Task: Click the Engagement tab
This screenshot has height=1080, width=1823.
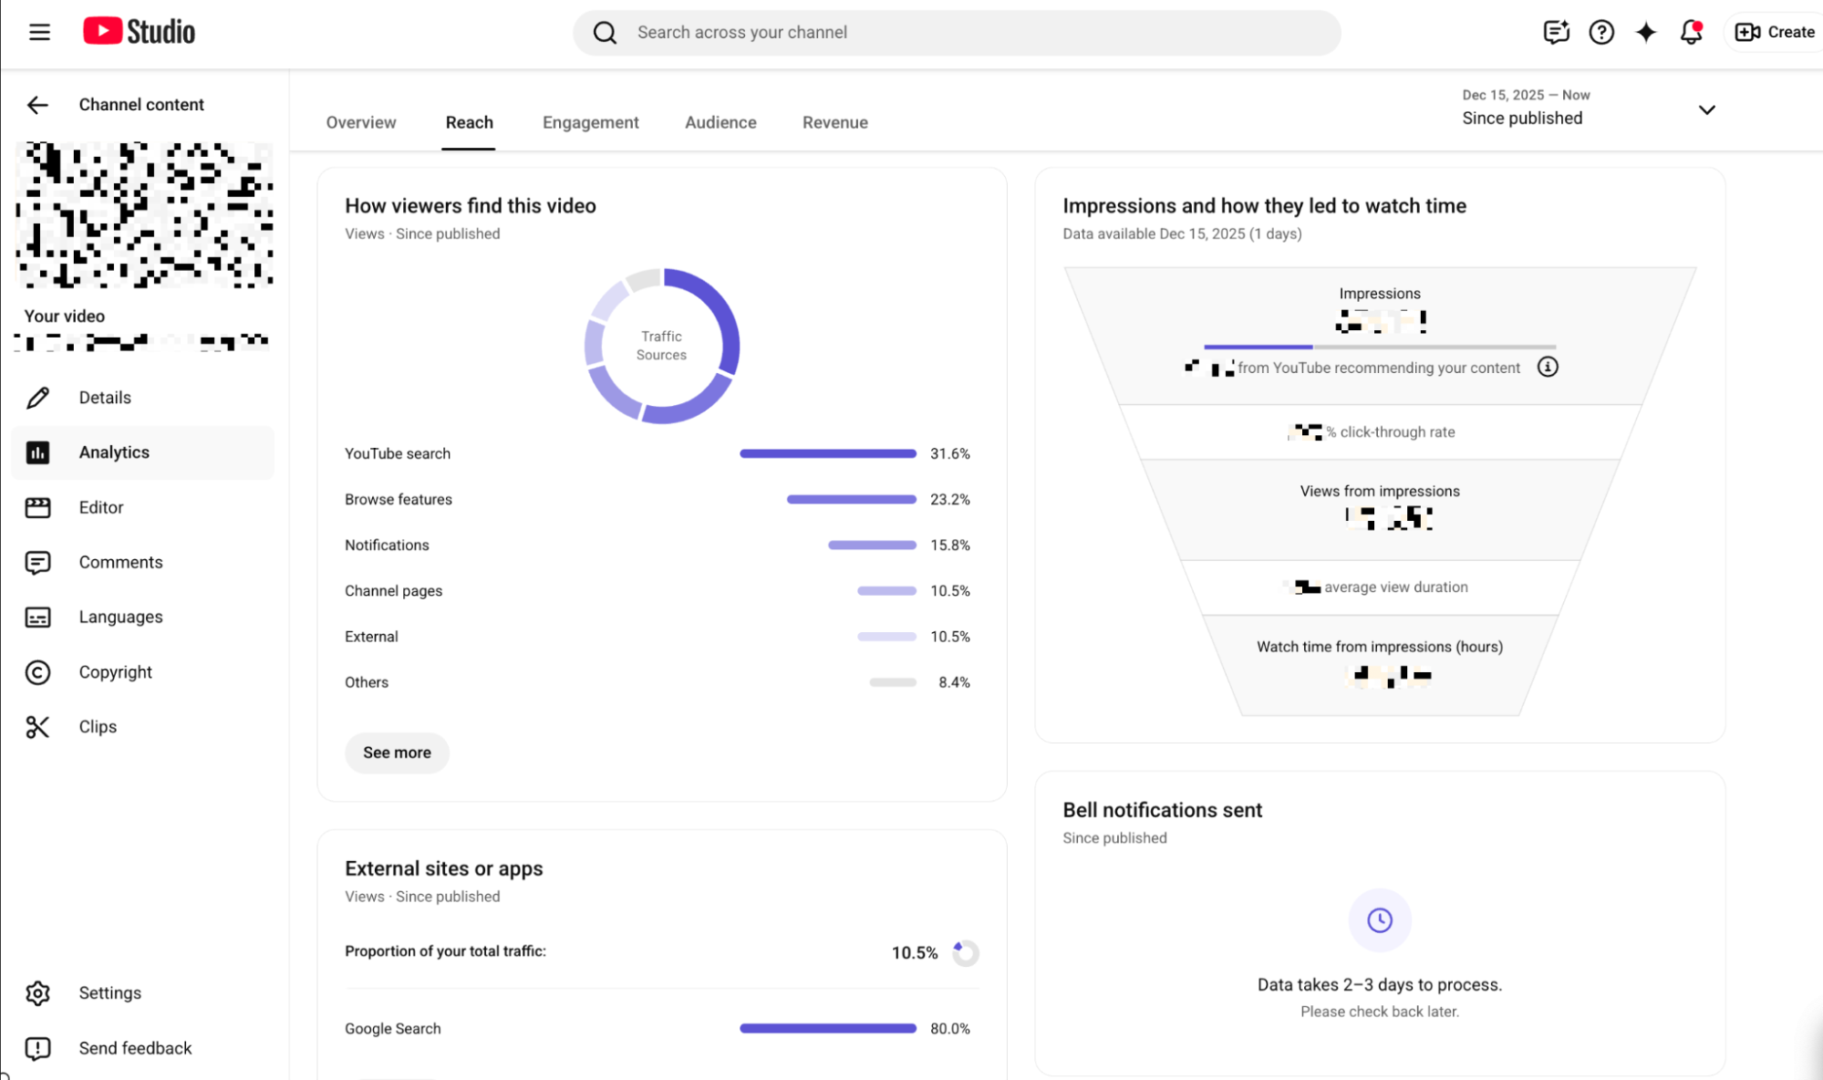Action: (x=590, y=122)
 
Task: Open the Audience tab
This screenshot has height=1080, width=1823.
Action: (x=720, y=122)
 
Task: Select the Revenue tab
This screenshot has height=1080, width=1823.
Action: (x=834, y=122)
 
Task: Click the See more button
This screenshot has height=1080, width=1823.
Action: (x=397, y=753)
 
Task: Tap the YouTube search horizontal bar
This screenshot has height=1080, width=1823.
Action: (x=827, y=453)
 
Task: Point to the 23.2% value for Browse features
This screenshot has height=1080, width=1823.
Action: (x=949, y=499)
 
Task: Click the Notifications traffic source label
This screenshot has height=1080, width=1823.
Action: (x=387, y=545)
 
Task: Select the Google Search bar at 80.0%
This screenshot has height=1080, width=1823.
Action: (x=827, y=1028)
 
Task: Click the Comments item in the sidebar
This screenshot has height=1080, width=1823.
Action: (x=120, y=562)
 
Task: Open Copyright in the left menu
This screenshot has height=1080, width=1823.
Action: (x=115, y=671)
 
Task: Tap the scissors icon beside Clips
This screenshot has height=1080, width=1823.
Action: (x=37, y=727)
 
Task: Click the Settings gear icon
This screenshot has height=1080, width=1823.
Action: (x=37, y=992)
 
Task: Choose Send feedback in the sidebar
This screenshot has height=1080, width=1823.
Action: (x=135, y=1048)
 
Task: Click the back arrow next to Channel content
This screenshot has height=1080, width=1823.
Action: (x=37, y=105)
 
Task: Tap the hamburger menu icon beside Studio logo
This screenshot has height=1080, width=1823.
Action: (x=39, y=32)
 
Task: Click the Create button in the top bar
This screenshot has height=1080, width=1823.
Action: (x=1775, y=32)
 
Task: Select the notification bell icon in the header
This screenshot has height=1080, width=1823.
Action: (x=1691, y=32)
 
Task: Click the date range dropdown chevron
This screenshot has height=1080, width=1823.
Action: (x=1706, y=109)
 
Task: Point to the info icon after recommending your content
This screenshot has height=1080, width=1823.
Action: (x=1548, y=367)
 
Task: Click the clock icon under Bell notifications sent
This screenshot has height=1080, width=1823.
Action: (x=1379, y=919)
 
